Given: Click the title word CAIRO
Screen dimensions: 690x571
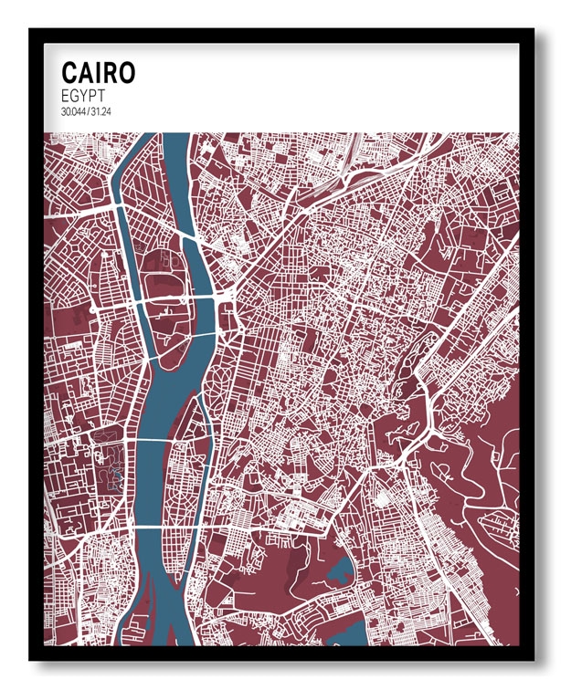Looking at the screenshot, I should (x=98, y=73).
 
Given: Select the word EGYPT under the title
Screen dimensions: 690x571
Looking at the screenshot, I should (x=84, y=95).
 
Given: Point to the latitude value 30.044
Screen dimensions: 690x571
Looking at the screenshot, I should (x=72, y=111).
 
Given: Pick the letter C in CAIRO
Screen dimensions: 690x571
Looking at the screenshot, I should (x=69, y=73).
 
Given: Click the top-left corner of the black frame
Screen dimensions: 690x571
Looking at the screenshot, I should (x=29, y=29).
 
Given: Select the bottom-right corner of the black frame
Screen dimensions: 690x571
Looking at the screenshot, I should (x=534, y=660).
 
